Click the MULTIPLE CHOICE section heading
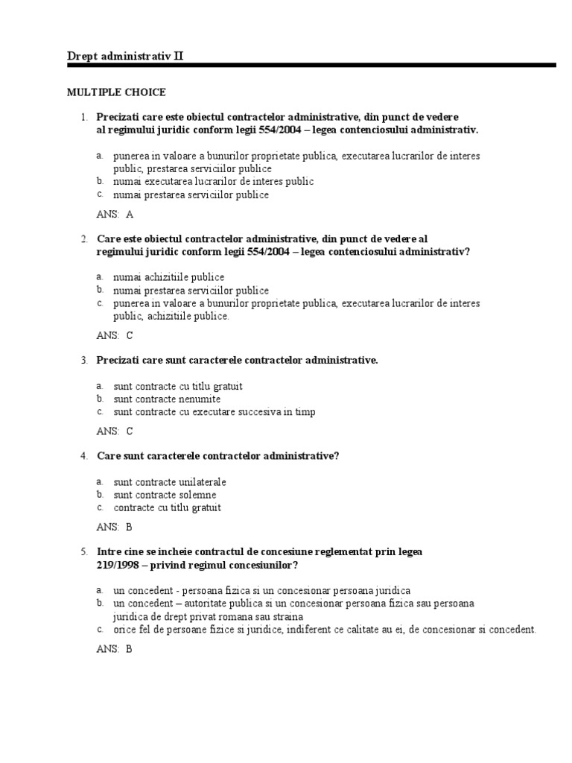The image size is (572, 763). (116, 92)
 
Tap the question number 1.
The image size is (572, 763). (85, 117)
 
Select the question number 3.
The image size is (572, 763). (85, 361)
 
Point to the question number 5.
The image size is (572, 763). (85, 552)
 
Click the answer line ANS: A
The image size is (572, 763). (115, 215)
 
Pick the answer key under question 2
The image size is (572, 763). (115, 335)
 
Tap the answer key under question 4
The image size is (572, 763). (115, 527)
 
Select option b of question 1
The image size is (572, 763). (213, 181)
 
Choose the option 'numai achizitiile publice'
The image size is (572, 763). (168, 277)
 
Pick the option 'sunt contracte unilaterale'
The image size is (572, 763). (170, 482)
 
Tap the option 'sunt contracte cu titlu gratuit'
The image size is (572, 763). (178, 387)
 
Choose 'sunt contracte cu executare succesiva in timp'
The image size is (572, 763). (214, 412)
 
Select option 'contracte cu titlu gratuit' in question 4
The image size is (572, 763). (168, 507)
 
